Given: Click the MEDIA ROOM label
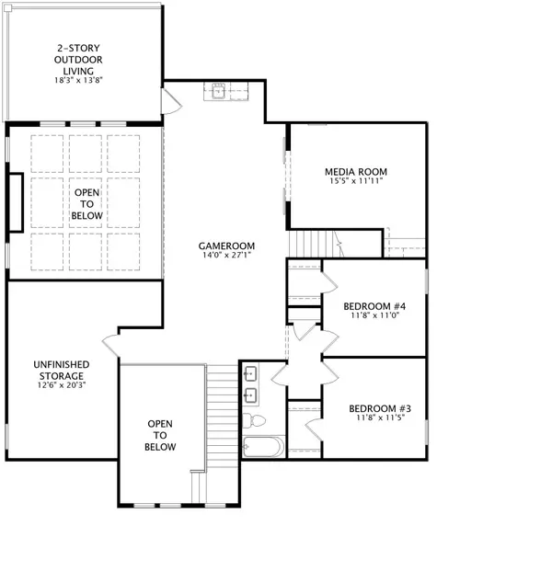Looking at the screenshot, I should tap(356, 171).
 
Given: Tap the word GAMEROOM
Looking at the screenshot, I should tap(226, 246).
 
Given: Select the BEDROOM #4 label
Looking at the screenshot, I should tap(374, 305).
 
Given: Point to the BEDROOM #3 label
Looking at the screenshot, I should tap(378, 408).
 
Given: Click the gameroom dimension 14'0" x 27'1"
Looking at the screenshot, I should tap(226, 257).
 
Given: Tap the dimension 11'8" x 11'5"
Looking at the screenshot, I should tap(378, 418).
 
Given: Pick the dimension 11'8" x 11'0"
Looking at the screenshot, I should tap(374, 315).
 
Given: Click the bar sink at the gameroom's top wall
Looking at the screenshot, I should tap(219, 90).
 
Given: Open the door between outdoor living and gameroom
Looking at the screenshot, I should tap(170, 100).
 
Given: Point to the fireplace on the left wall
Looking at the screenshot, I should tap(16, 200).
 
